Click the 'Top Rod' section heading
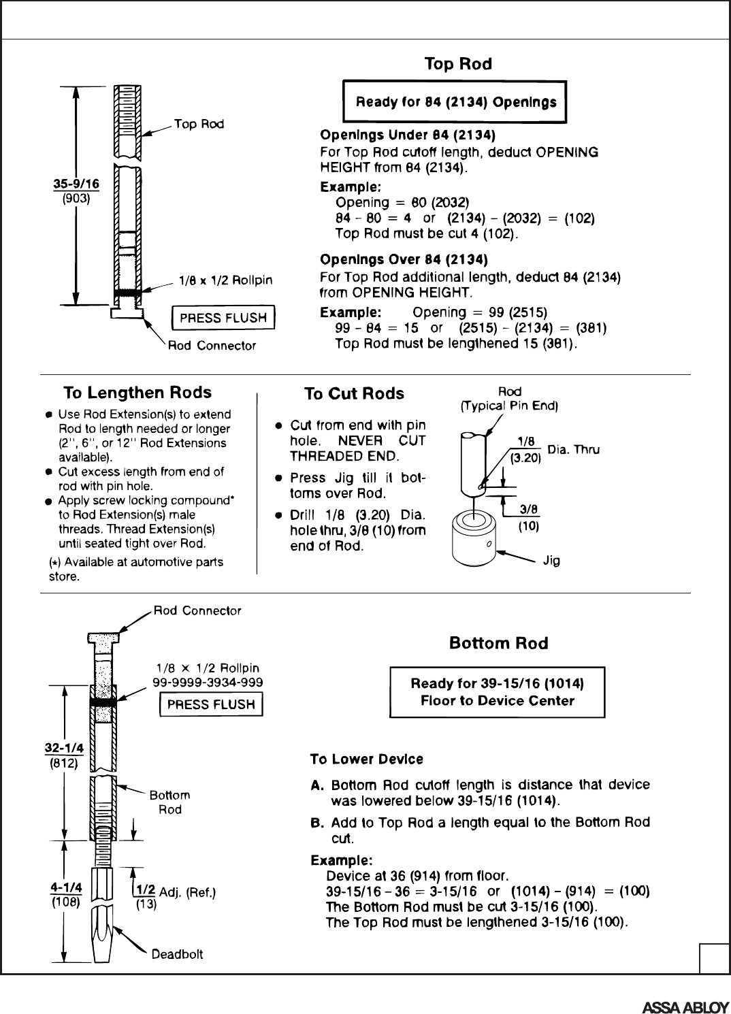coord(457,64)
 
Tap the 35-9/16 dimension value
coord(76,183)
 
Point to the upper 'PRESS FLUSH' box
coord(223,318)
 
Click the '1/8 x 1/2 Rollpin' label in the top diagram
coord(225,280)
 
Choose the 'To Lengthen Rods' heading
coord(137,393)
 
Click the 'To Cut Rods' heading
coord(354,394)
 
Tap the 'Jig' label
coord(551,562)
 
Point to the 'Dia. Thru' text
coord(573,450)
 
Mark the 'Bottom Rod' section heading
coord(498,643)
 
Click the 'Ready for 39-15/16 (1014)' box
coord(497,692)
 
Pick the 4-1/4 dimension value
coord(66,887)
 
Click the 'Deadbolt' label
coord(177,954)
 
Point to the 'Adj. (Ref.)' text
coord(187,892)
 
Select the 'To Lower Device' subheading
coord(366,759)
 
